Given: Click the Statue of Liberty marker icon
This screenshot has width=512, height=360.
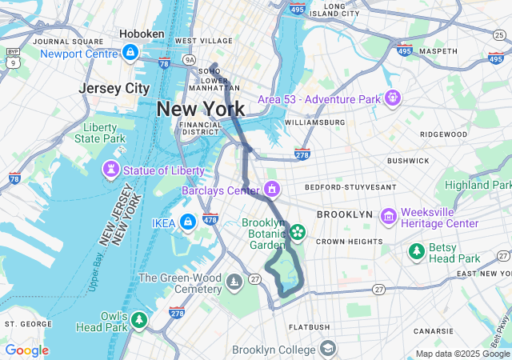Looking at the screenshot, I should pyautogui.click(x=111, y=170).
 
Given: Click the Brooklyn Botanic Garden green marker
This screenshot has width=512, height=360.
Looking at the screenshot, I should pyautogui.click(x=298, y=232).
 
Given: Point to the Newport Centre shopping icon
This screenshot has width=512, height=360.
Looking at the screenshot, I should pyautogui.click(x=130, y=53).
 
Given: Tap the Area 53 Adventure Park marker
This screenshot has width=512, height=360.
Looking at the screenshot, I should pyautogui.click(x=393, y=98).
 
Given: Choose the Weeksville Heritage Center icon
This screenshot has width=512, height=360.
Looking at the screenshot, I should pyautogui.click(x=389, y=216).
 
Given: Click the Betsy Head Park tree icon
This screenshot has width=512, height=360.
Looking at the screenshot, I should pyautogui.click(x=416, y=252).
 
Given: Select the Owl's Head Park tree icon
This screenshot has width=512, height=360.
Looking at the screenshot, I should pyautogui.click(x=139, y=320).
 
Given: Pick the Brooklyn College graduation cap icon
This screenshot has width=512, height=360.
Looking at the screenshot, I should pyautogui.click(x=328, y=349).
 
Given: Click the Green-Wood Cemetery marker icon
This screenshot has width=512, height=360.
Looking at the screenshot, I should pyautogui.click(x=234, y=282).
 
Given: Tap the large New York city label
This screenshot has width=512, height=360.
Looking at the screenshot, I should pyautogui.click(x=201, y=109).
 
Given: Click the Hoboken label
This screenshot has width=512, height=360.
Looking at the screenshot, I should pyautogui.click(x=142, y=34).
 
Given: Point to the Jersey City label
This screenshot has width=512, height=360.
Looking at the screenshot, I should pyautogui.click(x=114, y=88).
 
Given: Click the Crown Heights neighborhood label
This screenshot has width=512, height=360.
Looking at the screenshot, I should pyautogui.click(x=348, y=241).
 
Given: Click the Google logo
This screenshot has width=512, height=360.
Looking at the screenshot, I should pyautogui.click(x=26, y=350).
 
